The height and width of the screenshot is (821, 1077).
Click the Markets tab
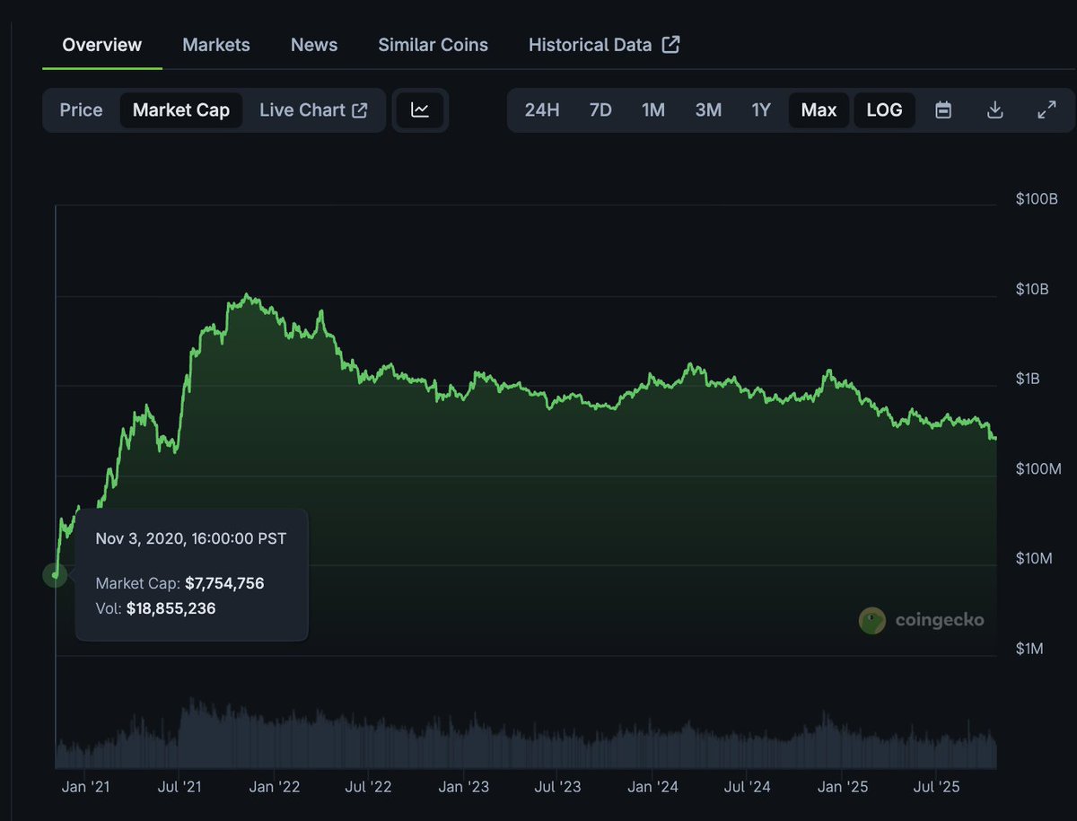215,45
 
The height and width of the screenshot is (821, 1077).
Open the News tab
314,45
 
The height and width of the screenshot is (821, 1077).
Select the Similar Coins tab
433,45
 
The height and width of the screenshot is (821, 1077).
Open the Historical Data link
603,45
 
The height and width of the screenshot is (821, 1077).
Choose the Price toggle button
81,110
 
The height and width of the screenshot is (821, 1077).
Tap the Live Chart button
313,110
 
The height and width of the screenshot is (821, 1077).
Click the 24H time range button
542,110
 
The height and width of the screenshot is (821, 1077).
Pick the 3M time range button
708,110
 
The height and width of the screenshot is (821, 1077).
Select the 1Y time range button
761,110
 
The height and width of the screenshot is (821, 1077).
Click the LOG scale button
884,110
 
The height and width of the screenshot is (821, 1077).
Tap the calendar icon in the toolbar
943,110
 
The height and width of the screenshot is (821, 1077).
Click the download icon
994,110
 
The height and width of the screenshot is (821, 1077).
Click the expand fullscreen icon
1046,110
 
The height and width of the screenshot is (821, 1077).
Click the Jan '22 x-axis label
275,787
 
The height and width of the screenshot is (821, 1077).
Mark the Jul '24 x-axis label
748,787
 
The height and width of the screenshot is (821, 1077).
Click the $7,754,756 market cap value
224,583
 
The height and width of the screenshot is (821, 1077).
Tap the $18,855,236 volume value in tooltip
171,608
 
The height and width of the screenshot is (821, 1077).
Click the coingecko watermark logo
922,620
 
